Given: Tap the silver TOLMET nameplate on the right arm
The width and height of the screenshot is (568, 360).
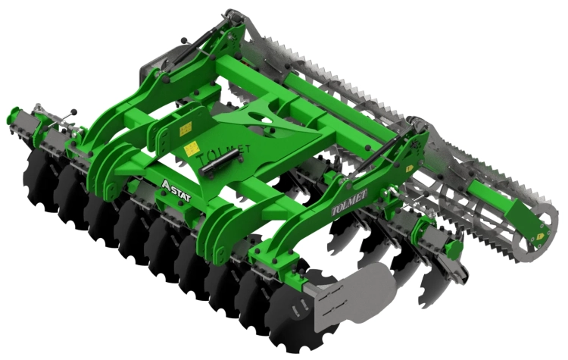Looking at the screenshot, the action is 349,202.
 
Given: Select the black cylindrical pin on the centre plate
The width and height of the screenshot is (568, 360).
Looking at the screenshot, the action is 221,164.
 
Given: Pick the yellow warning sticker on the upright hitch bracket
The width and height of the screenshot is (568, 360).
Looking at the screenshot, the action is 186,128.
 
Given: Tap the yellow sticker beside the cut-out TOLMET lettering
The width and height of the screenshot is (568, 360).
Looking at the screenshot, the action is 191,149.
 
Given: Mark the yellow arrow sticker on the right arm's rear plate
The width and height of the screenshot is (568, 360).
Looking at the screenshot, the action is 410,168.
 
